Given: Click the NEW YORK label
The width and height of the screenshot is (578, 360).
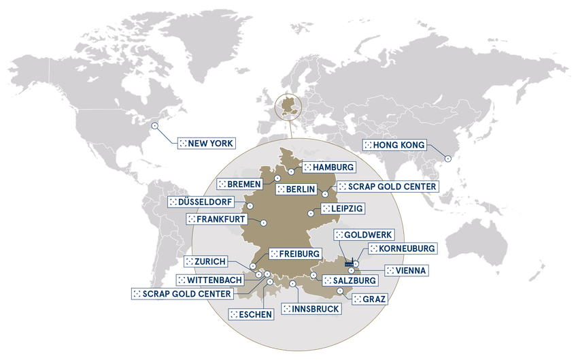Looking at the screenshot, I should pyautogui.click(x=206, y=144).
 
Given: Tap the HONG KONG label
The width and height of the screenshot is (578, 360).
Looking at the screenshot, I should pyautogui.click(x=395, y=145).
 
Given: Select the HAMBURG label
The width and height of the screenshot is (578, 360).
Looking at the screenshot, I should pyautogui.click(x=328, y=167).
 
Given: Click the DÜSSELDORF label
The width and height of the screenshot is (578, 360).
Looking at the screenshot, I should pyautogui.click(x=202, y=202).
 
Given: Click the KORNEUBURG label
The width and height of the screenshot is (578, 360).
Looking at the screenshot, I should pyautogui.click(x=401, y=248).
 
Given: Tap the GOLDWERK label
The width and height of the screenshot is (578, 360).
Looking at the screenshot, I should pyautogui.click(x=360, y=234).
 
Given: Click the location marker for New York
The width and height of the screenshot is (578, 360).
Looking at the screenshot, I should pyautogui.click(x=156, y=124).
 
